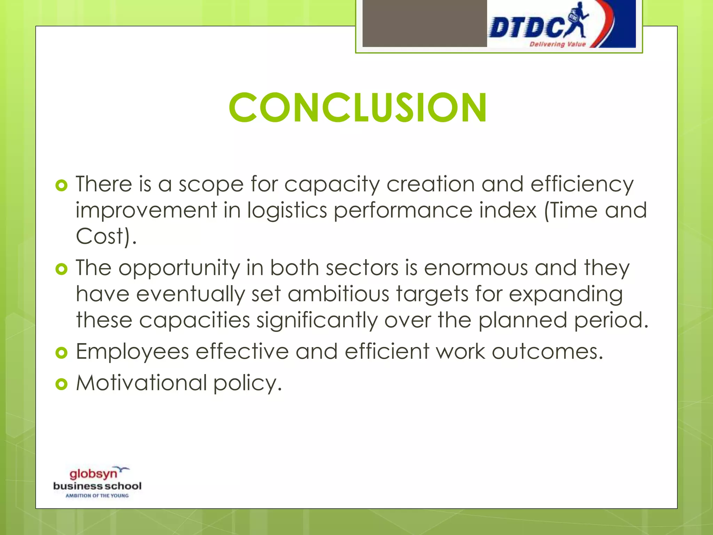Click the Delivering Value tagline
coord(557,44)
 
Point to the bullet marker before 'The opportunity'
coord(61,269)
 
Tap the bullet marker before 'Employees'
coord(61,353)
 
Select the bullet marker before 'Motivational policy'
coord(61,384)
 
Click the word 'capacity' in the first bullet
coord(332,185)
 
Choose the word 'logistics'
coord(287,210)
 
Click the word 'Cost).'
coord(106,237)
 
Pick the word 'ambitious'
coord(338,294)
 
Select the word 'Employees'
coord(132,352)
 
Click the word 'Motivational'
coord(141,383)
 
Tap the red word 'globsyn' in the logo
coord(93,474)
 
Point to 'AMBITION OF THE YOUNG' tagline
coord(97,496)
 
